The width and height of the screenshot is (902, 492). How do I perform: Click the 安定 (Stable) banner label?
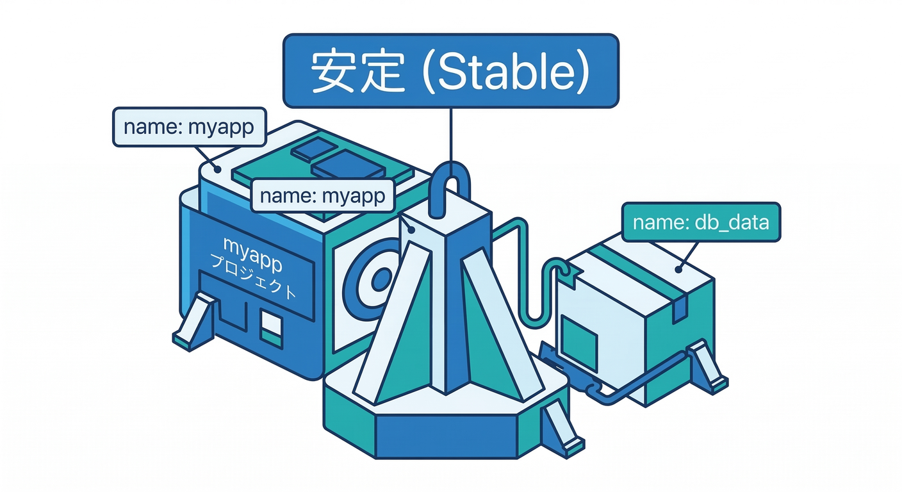pos(451,70)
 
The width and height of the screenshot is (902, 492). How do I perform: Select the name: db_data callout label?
pos(701,222)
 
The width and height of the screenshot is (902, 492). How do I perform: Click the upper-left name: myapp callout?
pos(189,127)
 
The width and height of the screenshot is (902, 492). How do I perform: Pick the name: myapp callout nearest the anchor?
pos(322,195)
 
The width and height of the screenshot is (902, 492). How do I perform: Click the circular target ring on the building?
pos(378,279)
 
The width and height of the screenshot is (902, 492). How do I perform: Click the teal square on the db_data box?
pos(579,333)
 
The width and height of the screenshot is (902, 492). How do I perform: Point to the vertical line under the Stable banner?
pos(451,135)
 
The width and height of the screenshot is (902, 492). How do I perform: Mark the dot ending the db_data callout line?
pos(678,270)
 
